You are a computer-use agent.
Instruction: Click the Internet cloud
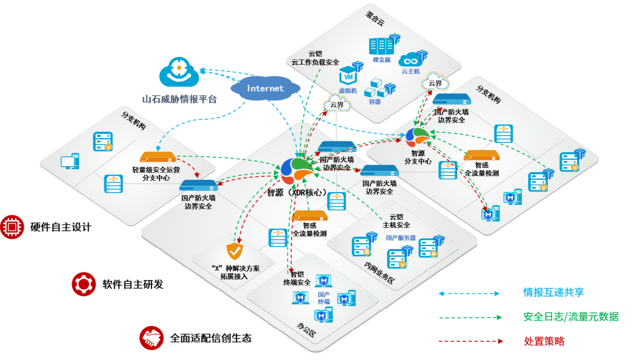coord(265,89)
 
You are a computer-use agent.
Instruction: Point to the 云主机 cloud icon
coord(410,59)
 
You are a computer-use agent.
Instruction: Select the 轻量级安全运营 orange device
coord(157,158)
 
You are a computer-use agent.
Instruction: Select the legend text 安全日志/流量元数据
coord(571,317)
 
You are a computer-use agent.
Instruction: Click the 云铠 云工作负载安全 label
coord(315,58)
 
